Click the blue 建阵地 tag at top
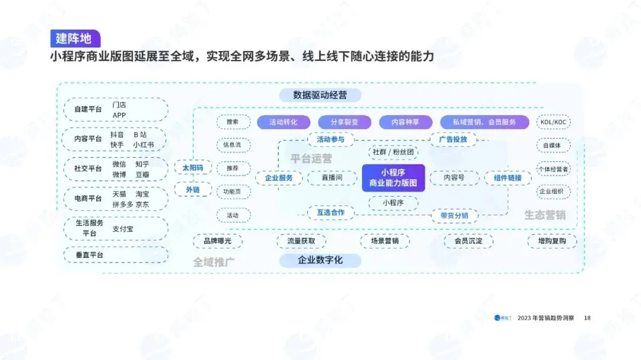(74, 39)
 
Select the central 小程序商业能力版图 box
(394, 178)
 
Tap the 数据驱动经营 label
(320, 95)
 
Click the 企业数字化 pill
(320, 260)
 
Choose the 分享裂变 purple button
(344, 122)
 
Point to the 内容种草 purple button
(405, 122)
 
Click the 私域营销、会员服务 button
(484, 122)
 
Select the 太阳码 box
(192, 168)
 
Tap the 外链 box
(192, 189)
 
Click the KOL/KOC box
(553, 122)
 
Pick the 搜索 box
(233, 122)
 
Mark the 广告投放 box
(457, 139)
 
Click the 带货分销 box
(454, 215)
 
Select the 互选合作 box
(331, 212)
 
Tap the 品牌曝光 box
(217, 241)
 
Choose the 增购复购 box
(552, 241)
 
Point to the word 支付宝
(123, 228)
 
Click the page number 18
(587, 318)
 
